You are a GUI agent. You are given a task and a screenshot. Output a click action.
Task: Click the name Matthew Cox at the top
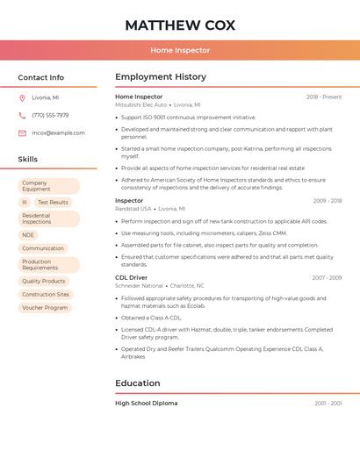point(180,25)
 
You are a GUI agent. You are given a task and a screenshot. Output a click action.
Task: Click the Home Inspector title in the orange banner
point(180,51)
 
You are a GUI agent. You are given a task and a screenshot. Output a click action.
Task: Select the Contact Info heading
point(41,77)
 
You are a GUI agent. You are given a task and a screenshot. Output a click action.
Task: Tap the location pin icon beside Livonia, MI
point(22,97)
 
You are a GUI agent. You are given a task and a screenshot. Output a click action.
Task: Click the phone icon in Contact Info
point(22,115)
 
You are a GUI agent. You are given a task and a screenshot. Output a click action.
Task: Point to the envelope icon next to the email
point(22,133)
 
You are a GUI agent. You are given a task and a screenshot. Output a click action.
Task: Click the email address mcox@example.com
point(58,133)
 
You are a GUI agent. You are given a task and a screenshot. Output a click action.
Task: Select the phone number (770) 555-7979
point(50,115)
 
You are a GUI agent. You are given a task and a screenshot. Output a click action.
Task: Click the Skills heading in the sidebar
point(28,159)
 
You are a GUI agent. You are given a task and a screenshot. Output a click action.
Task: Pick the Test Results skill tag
point(53,202)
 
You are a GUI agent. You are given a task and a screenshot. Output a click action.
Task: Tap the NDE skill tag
point(28,235)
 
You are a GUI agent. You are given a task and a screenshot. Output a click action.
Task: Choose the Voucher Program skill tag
point(45,308)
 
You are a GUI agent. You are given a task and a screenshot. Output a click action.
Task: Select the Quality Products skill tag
point(44,281)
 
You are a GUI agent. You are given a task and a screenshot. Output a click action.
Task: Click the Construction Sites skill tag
point(46,295)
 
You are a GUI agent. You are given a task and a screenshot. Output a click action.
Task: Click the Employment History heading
point(161,77)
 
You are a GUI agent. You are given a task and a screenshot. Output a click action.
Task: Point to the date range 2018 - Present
point(324,97)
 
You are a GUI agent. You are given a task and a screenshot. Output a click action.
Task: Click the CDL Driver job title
point(131,277)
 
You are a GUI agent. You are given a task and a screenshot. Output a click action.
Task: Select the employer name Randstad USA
point(133,209)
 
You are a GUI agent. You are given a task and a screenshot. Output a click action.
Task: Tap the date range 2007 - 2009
point(327,277)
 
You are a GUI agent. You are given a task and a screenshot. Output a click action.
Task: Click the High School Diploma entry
point(146,403)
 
